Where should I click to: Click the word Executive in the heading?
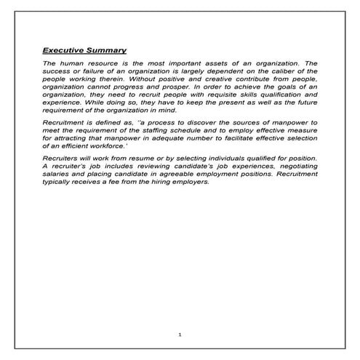[64, 51]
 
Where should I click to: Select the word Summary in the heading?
[107, 51]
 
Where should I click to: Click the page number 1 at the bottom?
[180, 334]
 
